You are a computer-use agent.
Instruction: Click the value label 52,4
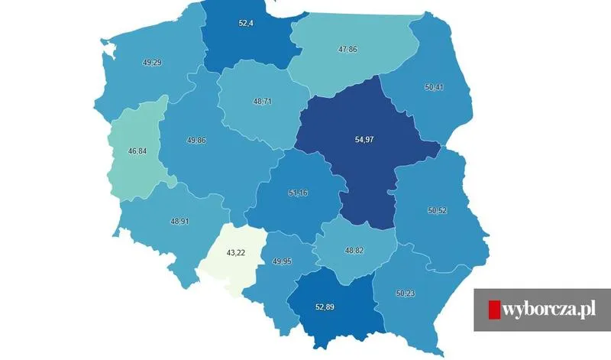(246, 24)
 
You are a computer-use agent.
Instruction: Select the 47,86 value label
(348, 48)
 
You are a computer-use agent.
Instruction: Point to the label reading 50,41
(434, 88)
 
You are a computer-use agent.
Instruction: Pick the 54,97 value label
(365, 141)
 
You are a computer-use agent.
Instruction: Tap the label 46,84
(137, 151)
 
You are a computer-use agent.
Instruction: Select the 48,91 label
(179, 221)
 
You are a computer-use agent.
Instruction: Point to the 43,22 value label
(235, 253)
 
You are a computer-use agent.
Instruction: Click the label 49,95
(283, 261)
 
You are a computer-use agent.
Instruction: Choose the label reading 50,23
(406, 292)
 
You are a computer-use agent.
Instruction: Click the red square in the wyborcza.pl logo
(494, 310)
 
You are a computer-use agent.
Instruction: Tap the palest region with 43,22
(229, 268)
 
